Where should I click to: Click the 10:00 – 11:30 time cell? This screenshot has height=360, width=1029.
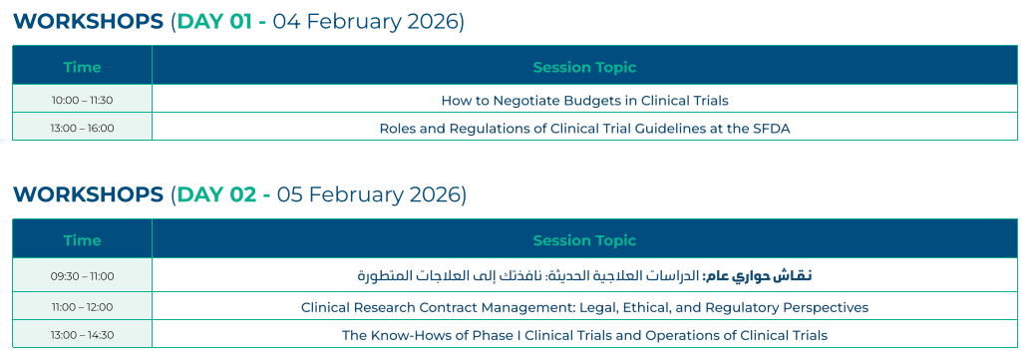pyautogui.click(x=82, y=101)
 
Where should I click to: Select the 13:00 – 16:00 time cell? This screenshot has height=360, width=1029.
pyautogui.click(x=82, y=128)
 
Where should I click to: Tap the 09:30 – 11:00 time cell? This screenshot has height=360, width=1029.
pyautogui.click(x=82, y=276)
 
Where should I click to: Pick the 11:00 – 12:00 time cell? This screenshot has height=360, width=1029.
pyautogui.click(x=82, y=307)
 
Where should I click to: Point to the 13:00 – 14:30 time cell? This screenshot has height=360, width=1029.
pyautogui.click(x=82, y=335)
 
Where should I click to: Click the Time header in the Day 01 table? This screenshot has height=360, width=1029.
pyautogui.click(x=82, y=67)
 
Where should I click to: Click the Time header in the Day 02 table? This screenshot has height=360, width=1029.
pyautogui.click(x=82, y=240)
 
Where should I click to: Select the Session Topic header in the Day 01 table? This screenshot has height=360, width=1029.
pyautogui.click(x=584, y=67)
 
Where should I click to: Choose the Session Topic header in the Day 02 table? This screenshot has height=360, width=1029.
pyautogui.click(x=584, y=240)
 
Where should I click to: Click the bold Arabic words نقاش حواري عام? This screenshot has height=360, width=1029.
pyautogui.click(x=758, y=276)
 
